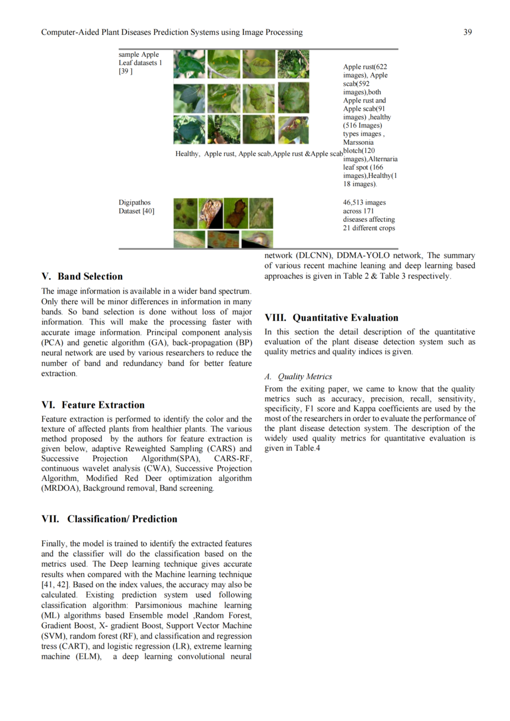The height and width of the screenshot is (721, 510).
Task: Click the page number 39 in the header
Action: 467,32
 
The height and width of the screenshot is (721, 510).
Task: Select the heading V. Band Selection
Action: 82,276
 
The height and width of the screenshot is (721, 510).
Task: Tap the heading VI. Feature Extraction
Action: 93,405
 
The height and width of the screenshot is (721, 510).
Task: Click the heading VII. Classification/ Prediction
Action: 109,519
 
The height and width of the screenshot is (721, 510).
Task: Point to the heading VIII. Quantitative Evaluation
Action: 331,317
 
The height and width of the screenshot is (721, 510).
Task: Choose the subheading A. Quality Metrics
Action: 298,377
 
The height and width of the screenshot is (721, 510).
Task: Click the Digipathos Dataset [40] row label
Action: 136,206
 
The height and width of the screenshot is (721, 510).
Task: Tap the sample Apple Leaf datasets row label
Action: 140,63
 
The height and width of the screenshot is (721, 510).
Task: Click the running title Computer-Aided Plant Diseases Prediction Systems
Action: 172,32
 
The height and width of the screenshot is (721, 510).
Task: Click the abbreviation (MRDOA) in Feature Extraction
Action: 61,488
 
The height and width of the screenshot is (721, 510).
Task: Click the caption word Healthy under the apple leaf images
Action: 187,154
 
